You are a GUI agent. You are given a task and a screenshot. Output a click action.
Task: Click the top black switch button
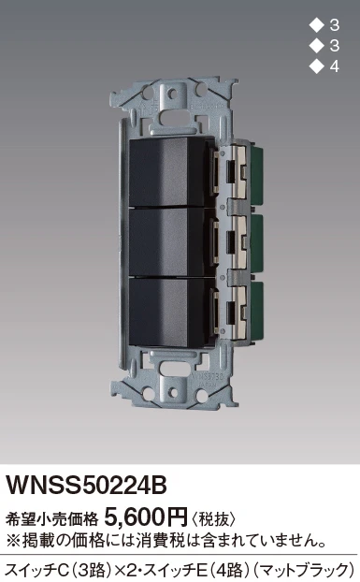pos(166,171)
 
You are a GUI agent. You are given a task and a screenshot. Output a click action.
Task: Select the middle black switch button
pos(166,242)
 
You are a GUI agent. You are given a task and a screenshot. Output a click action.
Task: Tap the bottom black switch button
pos(166,313)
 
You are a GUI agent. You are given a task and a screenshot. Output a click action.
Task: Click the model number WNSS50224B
pos(86,485)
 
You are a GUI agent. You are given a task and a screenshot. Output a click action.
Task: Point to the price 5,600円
pos(147,517)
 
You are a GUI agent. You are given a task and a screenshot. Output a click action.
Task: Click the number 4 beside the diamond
pos(334,66)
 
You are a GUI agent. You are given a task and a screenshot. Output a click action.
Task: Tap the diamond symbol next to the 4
pos(316,66)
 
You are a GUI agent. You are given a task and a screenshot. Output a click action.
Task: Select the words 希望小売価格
pos(52,519)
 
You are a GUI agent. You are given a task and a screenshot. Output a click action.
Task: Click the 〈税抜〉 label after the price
pos(213,518)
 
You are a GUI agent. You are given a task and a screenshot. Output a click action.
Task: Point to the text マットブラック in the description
pos(304,570)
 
